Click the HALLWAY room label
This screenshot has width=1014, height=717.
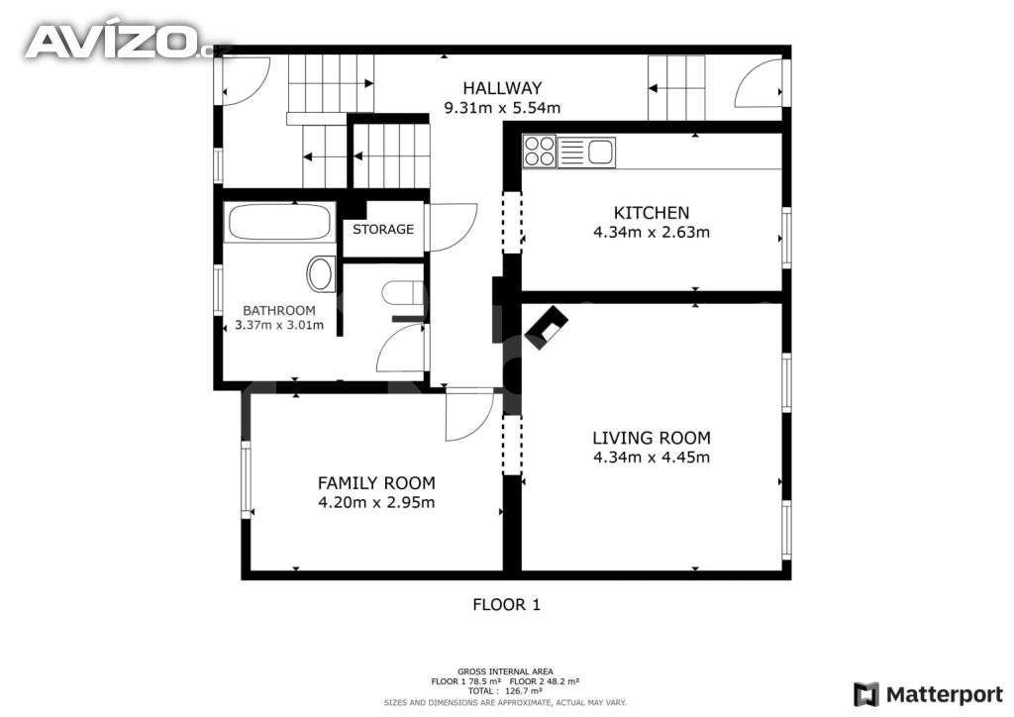click(502, 88)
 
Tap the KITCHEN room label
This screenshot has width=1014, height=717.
click(652, 213)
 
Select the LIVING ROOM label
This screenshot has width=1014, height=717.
click(652, 438)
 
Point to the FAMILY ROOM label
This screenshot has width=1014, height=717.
click(376, 483)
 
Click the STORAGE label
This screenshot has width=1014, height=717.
click(383, 229)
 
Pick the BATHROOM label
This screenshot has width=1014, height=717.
click(279, 310)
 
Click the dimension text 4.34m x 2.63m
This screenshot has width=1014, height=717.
click(652, 232)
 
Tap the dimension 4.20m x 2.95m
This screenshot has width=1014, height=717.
click(376, 502)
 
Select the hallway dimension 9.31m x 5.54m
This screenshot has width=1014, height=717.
click(502, 108)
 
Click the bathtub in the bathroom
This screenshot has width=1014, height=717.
click(280, 223)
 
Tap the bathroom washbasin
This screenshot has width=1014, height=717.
click(321, 274)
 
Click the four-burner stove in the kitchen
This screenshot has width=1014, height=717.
click(540, 152)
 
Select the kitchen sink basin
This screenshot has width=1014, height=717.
click(601, 153)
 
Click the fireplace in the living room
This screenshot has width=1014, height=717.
click(547, 328)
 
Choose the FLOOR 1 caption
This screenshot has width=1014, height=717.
click(506, 605)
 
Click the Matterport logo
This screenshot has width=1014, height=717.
click(928, 694)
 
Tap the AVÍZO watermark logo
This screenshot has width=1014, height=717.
click(119, 41)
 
